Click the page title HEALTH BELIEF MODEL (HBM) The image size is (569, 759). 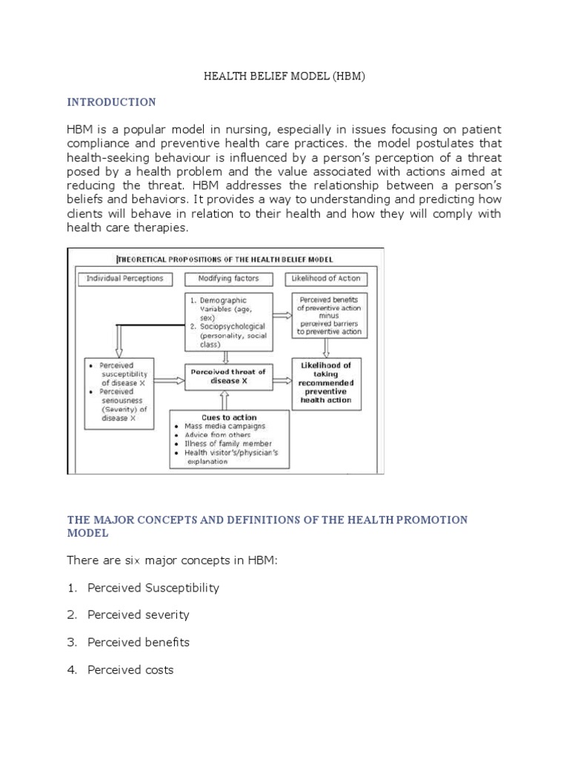284,76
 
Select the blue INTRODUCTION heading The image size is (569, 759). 111,102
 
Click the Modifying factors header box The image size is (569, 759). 229,279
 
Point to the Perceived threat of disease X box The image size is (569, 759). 227,376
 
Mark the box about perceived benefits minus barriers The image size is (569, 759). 330,316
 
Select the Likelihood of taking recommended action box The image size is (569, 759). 326,382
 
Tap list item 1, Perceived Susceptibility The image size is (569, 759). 153,588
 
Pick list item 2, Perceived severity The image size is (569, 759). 138,615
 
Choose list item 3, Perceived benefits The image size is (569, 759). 138,643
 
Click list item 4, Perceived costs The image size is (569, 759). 130,670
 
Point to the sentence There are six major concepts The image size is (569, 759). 172,560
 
